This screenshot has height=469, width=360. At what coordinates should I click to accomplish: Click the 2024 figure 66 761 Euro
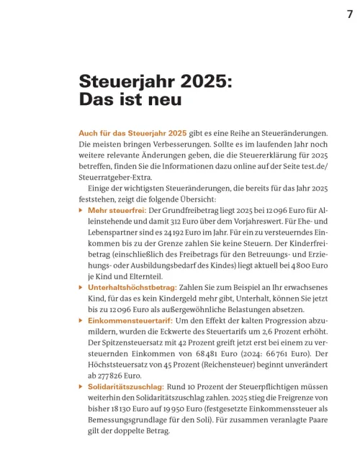coord(274,352)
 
